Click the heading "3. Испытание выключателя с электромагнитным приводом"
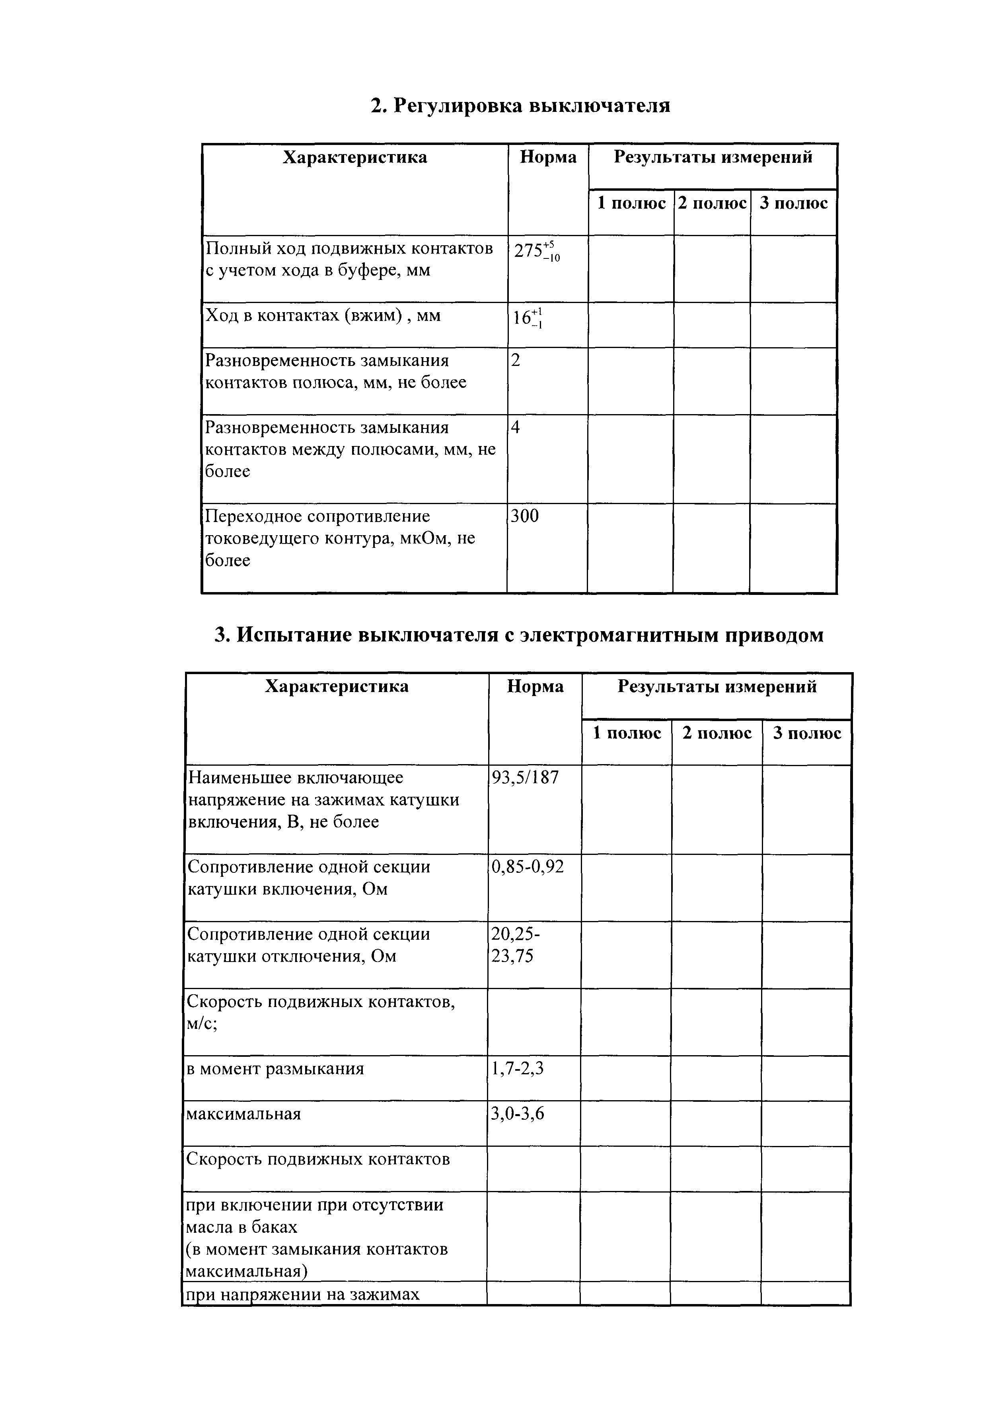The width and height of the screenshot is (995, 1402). (x=519, y=635)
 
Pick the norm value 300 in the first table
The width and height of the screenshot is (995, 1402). (x=525, y=516)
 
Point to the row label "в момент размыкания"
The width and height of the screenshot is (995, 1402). (x=275, y=1069)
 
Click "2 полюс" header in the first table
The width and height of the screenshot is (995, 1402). (x=712, y=203)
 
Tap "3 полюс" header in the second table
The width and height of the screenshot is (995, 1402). (x=807, y=733)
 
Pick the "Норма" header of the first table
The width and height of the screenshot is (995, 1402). (x=548, y=158)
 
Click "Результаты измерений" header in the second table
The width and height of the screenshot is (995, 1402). (x=717, y=686)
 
